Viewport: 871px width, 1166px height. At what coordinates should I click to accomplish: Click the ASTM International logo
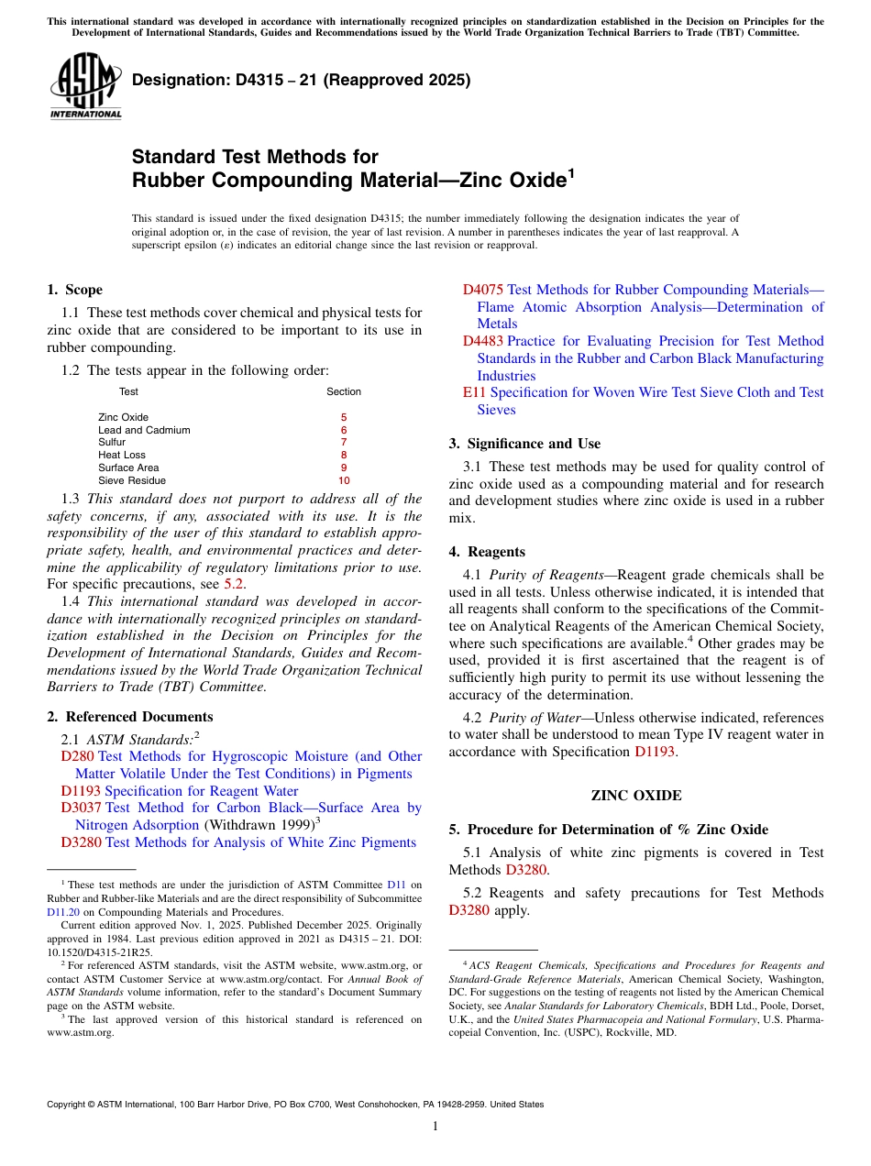pos(86,87)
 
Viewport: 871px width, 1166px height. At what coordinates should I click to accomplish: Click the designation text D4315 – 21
pos(302,80)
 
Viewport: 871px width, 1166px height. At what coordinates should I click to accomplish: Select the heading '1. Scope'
pos(74,290)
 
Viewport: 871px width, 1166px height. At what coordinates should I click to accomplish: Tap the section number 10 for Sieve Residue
pos(344,480)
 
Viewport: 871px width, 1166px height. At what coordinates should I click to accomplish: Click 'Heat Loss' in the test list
pos(122,455)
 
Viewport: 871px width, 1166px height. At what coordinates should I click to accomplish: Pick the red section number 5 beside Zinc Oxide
pos(344,417)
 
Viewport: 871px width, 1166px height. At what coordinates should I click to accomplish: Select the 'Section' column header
pos(344,391)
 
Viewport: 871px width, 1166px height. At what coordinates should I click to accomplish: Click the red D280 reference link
pos(77,756)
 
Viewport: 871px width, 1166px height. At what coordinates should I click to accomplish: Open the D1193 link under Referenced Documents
pos(81,791)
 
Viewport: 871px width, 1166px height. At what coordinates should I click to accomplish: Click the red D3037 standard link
pos(81,808)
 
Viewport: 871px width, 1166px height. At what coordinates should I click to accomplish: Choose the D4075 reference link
pos(482,290)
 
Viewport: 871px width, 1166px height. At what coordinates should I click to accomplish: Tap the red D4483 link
pos(482,341)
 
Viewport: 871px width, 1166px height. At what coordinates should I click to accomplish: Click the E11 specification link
pos(474,392)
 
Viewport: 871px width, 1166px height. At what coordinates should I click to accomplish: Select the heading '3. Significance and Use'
pos(524,444)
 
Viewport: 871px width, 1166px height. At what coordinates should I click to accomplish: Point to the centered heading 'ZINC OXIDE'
pos(636,796)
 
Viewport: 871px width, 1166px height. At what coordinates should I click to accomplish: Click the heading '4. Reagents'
pos(487,552)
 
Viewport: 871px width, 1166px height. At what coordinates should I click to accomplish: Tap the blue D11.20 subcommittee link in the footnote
pos(63,912)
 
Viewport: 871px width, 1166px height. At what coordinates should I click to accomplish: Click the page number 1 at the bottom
pos(435,1127)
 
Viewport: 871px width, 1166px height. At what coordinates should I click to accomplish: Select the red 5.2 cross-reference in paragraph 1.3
pos(234,584)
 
